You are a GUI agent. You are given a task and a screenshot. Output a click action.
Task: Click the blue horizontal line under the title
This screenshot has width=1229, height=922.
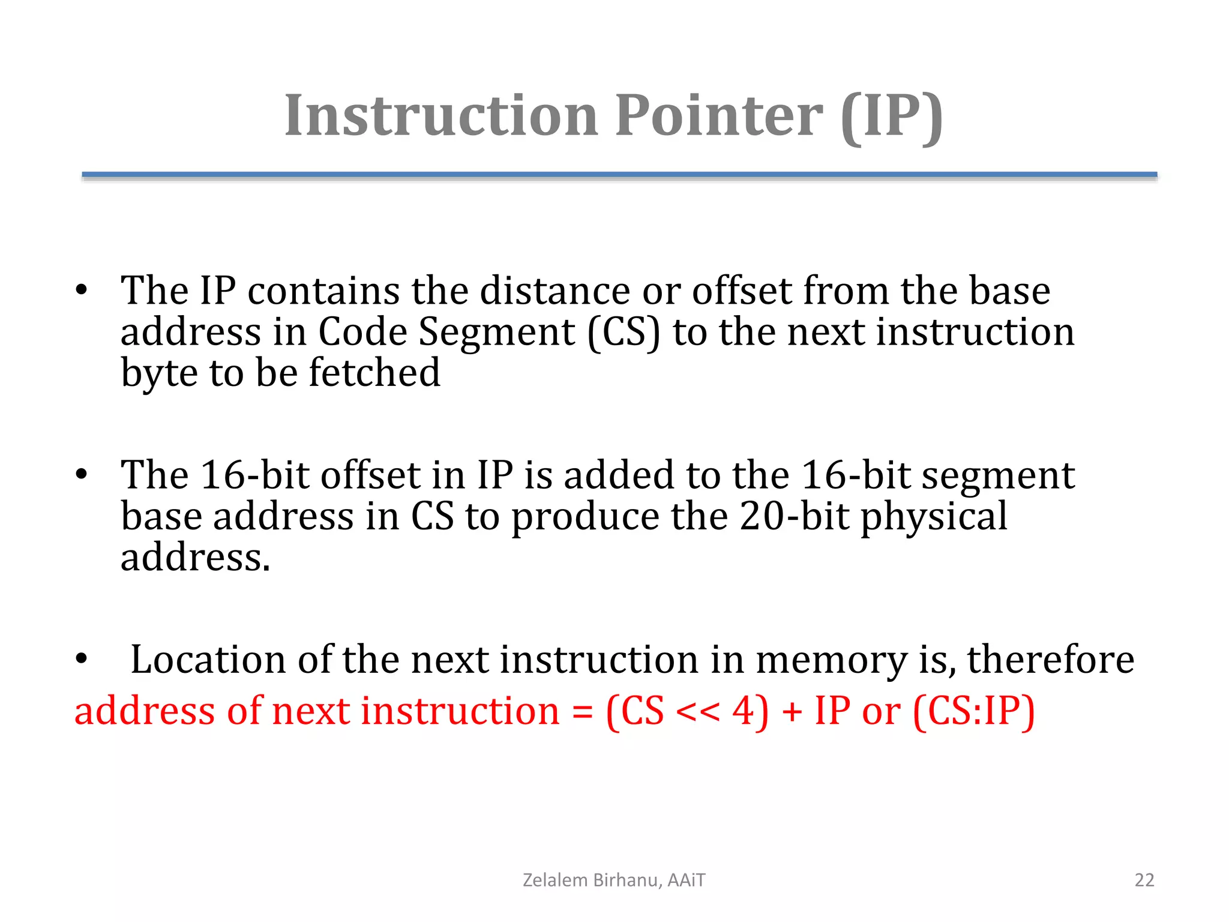[x=619, y=175]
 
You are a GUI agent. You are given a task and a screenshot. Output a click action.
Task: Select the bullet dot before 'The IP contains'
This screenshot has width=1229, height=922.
[x=82, y=291]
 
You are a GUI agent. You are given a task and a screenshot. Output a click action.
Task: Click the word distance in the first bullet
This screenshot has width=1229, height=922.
[x=554, y=291]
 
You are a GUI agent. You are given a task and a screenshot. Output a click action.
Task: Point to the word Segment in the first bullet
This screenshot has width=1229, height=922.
[x=496, y=331]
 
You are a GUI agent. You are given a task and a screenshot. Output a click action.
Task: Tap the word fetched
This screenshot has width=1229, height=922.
[x=374, y=373]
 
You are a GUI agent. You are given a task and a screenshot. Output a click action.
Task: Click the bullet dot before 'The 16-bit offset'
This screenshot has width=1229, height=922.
[x=82, y=475]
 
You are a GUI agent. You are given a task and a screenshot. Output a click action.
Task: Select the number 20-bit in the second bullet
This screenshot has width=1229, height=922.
[x=794, y=516]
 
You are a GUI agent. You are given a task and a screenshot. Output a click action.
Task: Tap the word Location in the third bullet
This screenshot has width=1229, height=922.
[x=208, y=660]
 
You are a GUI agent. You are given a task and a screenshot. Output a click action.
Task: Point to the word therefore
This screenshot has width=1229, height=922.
[x=1050, y=660]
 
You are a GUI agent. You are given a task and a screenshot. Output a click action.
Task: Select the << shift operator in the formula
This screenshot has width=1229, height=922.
[x=697, y=713]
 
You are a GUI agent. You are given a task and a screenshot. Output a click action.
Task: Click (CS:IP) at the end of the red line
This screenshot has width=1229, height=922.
[x=973, y=713]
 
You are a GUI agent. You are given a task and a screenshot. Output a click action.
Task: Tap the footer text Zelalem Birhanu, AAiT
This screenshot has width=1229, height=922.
[x=614, y=880]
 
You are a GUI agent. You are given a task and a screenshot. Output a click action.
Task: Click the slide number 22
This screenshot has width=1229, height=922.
[x=1144, y=880]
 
